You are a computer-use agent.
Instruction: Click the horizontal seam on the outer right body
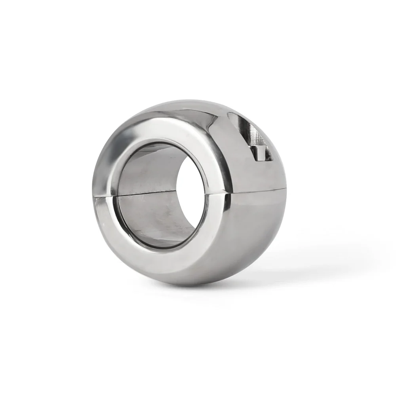[x=257, y=191]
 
